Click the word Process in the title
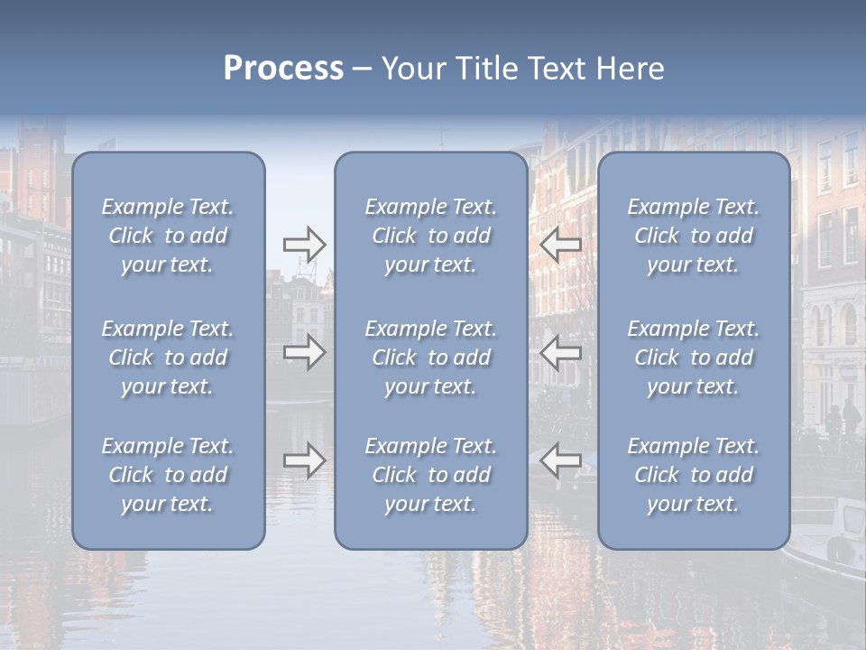(x=283, y=69)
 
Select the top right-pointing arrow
(x=304, y=245)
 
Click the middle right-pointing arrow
(x=304, y=352)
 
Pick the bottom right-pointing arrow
(x=304, y=460)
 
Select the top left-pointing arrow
(x=560, y=245)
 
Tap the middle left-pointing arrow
(x=560, y=352)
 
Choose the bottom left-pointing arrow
(x=560, y=460)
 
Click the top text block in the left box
(x=168, y=236)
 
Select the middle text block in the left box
(x=168, y=357)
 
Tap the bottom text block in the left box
(x=168, y=475)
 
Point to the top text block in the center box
(x=430, y=236)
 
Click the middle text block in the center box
(x=430, y=357)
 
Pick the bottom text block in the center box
(x=430, y=475)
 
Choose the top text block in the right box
(x=693, y=236)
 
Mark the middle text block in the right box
(x=693, y=357)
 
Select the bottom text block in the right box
(x=693, y=475)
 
